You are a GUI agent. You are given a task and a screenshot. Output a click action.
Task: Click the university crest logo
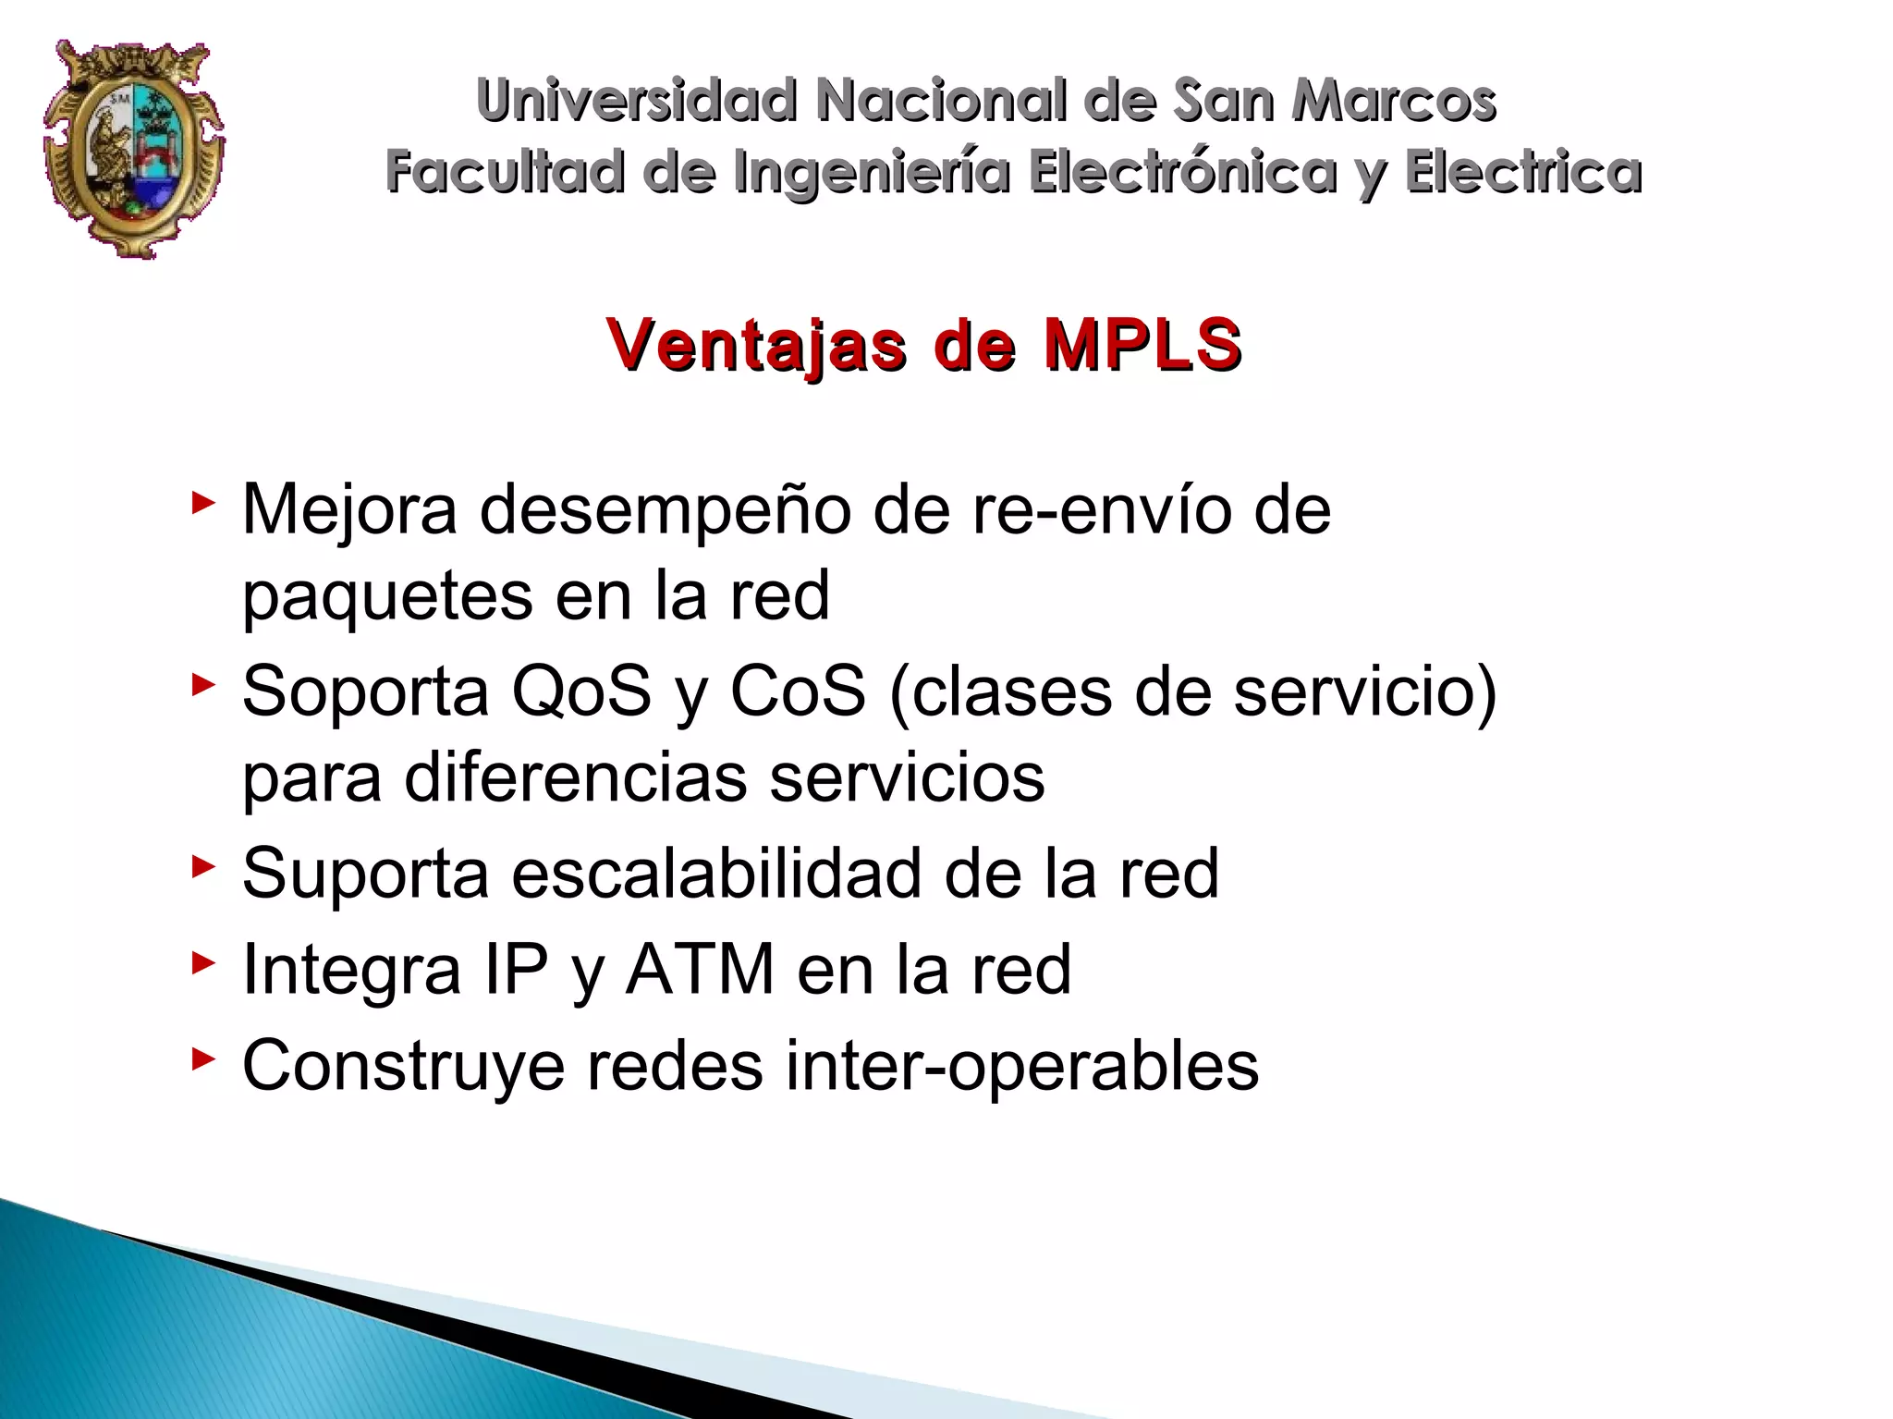pos(134,148)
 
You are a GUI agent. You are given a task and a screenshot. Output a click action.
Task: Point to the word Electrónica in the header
pos(1183,172)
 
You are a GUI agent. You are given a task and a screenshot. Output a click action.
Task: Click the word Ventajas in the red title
pos(756,345)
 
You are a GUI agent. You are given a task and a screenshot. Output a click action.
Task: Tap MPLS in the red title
pos(1142,344)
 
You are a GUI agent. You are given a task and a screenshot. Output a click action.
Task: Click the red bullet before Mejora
pos(202,504)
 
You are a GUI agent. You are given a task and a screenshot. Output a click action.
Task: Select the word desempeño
pos(665,510)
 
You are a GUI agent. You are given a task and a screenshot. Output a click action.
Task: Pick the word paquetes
pos(387,597)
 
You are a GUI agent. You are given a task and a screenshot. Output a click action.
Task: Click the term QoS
pos(581,691)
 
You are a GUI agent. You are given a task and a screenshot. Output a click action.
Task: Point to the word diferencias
pos(575,778)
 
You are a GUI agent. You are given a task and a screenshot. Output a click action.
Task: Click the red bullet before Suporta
pos(202,867)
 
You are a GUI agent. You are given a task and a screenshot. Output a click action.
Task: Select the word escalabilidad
pos(716,873)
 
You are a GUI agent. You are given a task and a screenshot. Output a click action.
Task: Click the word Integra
pos(351,971)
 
